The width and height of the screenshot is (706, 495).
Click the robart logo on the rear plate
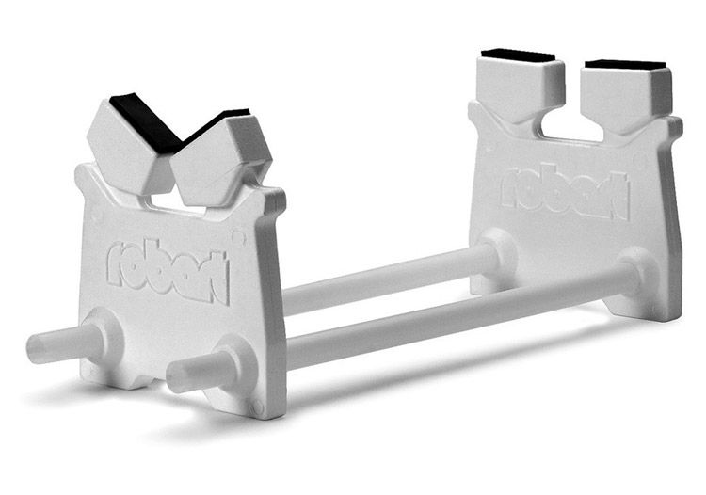[x=565, y=191]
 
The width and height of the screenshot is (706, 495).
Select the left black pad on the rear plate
[x=518, y=56]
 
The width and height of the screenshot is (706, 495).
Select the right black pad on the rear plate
[x=625, y=65]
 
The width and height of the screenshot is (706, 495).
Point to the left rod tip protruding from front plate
[x=35, y=349]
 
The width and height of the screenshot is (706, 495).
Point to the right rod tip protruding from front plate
[x=177, y=377]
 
